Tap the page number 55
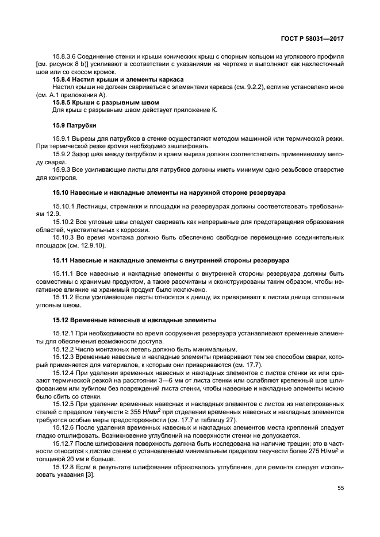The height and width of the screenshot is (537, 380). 340,488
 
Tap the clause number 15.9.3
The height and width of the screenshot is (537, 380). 63,170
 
